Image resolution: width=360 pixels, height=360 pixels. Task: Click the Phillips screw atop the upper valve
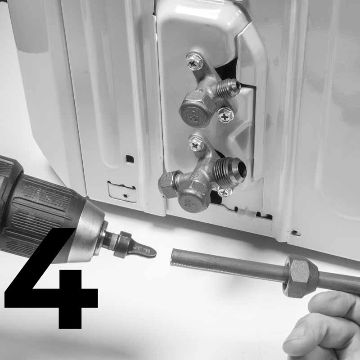click(194, 62)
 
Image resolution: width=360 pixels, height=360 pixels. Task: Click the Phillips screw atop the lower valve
click(197, 144)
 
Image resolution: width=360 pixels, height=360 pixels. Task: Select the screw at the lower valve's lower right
click(224, 192)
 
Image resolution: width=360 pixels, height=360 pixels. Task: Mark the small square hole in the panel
click(129, 159)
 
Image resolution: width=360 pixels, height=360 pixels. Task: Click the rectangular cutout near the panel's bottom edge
click(121, 191)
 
